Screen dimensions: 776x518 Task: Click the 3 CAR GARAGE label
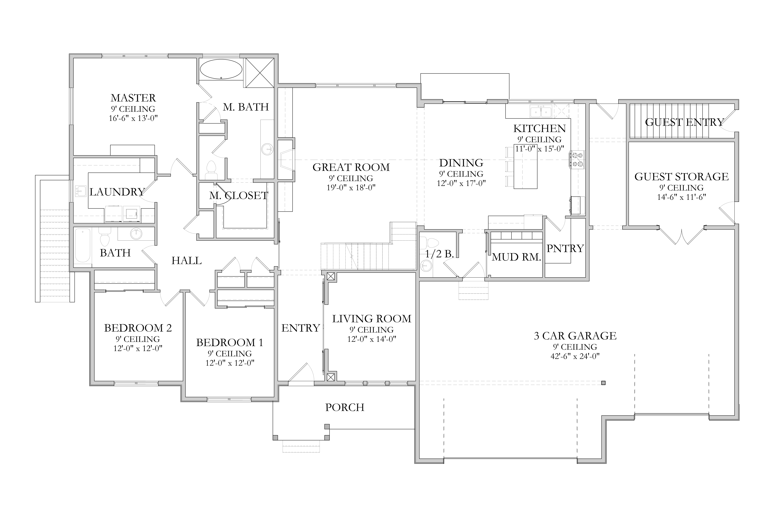coord(575,336)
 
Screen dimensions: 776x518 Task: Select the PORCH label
coord(345,407)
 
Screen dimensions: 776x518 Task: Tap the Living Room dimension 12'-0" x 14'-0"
coord(372,339)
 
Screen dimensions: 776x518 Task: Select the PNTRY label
coord(565,248)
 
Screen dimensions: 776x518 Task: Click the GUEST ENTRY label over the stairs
coord(684,122)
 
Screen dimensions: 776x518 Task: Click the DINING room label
coord(461,163)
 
